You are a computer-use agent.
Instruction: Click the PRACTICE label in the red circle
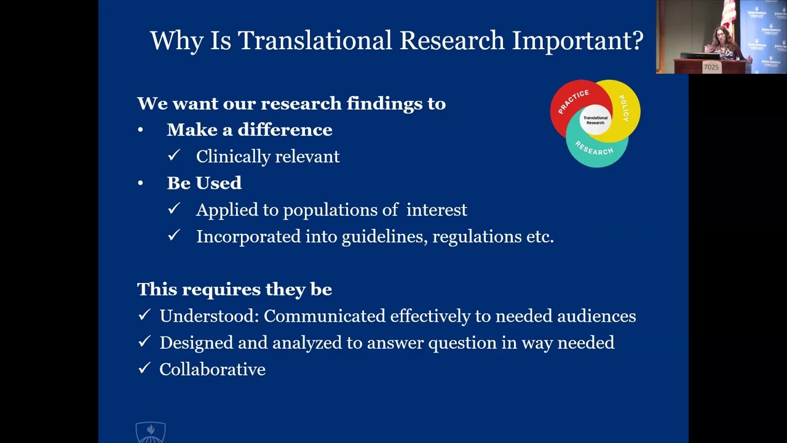tap(573, 102)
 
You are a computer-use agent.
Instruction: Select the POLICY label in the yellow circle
tap(623, 108)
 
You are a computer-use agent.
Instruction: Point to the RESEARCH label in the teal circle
tap(594, 148)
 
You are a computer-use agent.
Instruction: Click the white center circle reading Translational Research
tap(595, 120)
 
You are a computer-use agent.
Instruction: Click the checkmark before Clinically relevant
tap(173, 156)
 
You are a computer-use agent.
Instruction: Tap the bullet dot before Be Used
tap(141, 183)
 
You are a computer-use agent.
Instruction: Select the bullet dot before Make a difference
tap(141, 130)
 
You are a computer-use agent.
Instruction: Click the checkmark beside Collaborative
tap(144, 369)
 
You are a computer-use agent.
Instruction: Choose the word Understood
tap(208, 316)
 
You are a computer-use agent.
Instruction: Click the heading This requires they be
tap(234, 289)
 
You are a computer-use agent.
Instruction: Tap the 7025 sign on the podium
tap(711, 67)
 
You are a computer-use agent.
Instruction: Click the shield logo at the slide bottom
tap(151, 433)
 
